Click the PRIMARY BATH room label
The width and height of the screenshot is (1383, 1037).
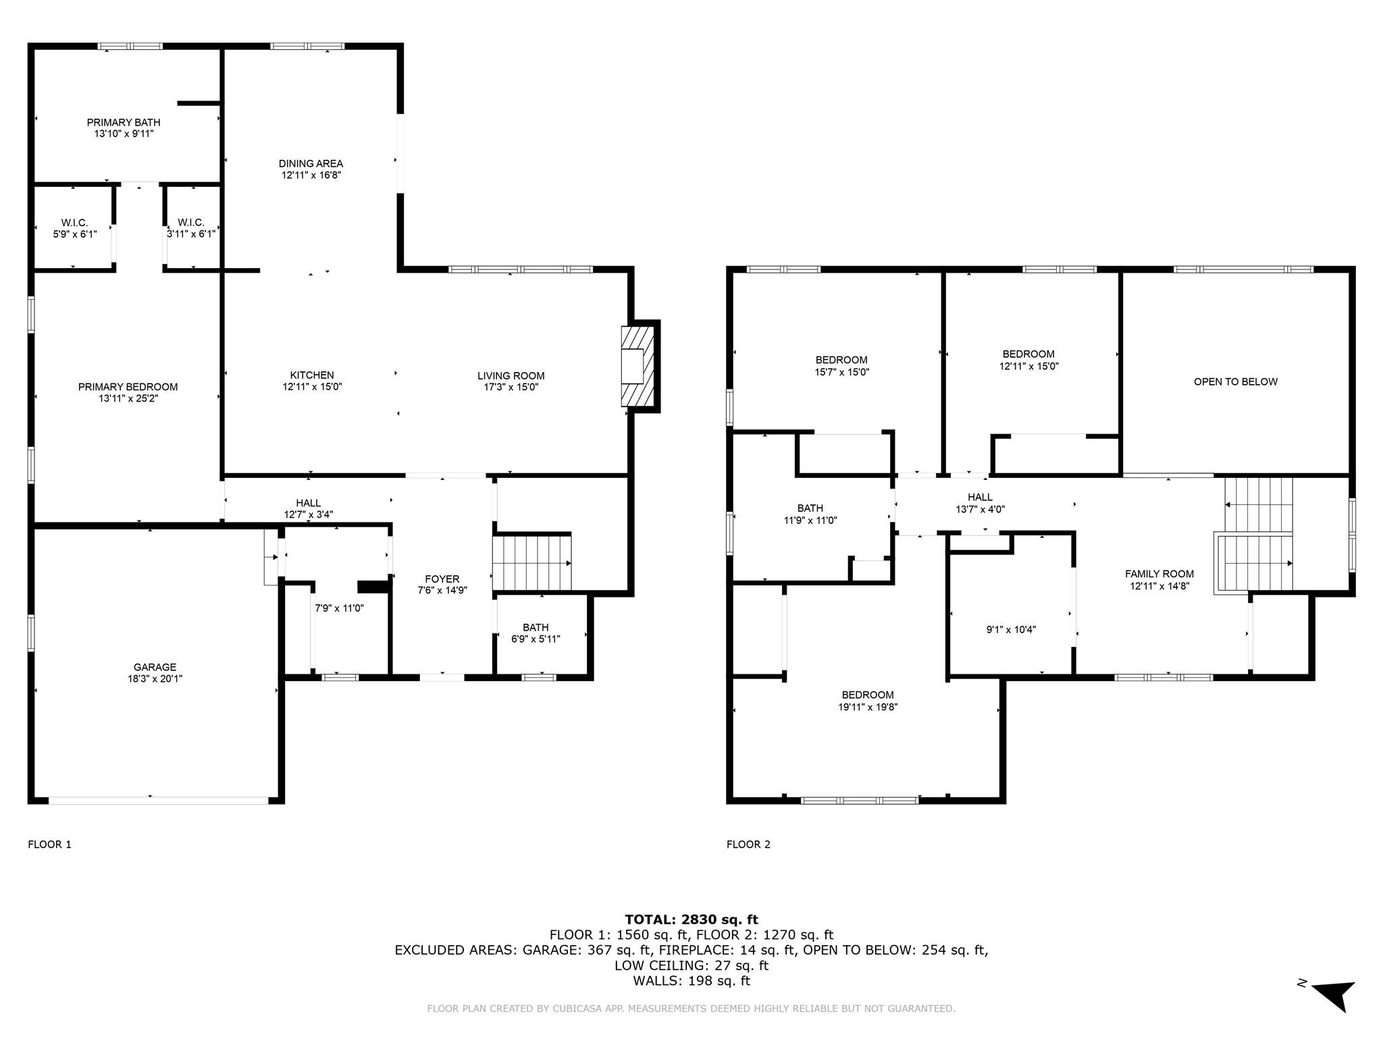tap(124, 122)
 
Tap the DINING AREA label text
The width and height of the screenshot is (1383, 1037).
tap(311, 163)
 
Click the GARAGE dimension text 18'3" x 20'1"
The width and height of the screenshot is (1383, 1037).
tap(155, 679)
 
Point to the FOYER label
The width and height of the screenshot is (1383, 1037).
tap(442, 579)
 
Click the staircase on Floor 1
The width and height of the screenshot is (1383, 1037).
tap(532, 562)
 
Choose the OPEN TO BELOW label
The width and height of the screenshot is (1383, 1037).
tap(1235, 381)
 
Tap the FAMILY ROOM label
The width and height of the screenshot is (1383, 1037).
tap(1159, 574)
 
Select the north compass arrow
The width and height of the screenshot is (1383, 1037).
tap(1333, 994)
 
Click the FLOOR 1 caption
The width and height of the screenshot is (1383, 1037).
tap(49, 844)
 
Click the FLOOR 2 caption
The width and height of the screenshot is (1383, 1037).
tap(748, 844)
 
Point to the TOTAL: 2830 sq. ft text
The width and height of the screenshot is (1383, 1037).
tap(691, 919)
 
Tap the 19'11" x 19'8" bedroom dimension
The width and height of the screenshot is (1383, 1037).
tap(868, 707)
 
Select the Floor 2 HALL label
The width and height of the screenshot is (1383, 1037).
tap(980, 498)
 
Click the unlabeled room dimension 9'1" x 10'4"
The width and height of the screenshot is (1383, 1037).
tap(1011, 630)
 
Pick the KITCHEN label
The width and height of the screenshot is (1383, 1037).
tap(312, 375)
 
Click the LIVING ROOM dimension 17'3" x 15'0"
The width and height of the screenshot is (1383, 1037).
tap(511, 387)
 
